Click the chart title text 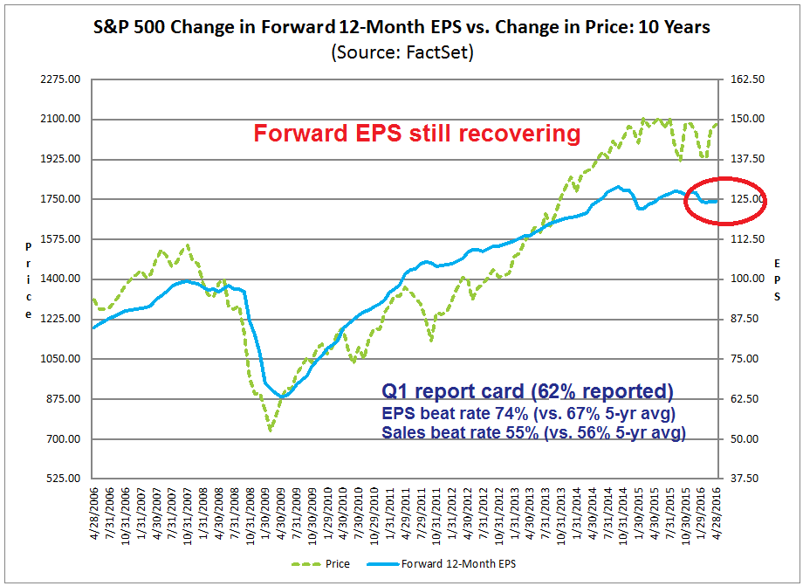(x=401, y=27)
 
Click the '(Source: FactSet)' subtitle (x=401, y=52)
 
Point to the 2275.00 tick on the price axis (x=61, y=79)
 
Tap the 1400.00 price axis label (x=61, y=279)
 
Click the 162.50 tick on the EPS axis (x=747, y=79)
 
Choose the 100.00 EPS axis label (x=747, y=279)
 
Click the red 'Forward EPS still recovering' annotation (x=416, y=134)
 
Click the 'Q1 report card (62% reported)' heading (x=528, y=390)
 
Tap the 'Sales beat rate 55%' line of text (x=532, y=432)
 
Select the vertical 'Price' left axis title (x=29, y=279)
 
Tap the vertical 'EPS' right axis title (x=777, y=279)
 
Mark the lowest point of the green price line (x=271, y=430)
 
